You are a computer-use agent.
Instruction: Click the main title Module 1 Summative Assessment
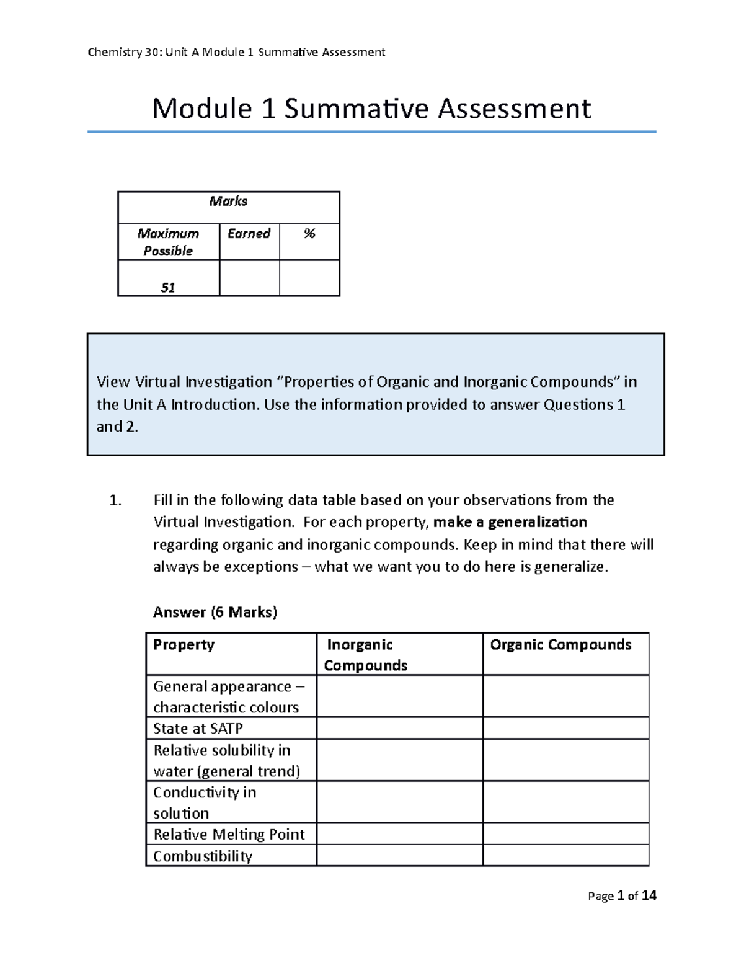(371, 109)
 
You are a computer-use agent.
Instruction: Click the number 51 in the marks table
(168, 287)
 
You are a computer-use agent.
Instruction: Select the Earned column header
(249, 234)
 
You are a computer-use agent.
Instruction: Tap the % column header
(309, 234)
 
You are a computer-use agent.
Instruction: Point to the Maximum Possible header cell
(168, 242)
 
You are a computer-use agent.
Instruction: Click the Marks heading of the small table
(228, 201)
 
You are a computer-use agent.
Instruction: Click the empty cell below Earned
(249, 278)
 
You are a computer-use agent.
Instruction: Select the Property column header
(184, 645)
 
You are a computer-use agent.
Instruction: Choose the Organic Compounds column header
(560, 645)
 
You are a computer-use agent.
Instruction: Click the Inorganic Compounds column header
(366, 655)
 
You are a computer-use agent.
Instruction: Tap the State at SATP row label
(198, 728)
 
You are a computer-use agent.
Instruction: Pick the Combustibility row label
(203, 856)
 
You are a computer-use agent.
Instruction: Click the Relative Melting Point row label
(229, 834)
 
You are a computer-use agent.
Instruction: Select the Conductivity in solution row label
(205, 802)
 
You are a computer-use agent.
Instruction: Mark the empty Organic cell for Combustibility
(565, 855)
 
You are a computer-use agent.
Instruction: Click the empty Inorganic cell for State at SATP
(399, 728)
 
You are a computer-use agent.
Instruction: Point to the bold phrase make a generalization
(510, 522)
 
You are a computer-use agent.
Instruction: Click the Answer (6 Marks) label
(215, 612)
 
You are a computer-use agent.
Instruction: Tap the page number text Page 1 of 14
(622, 895)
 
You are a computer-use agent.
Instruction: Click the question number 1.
(115, 500)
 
